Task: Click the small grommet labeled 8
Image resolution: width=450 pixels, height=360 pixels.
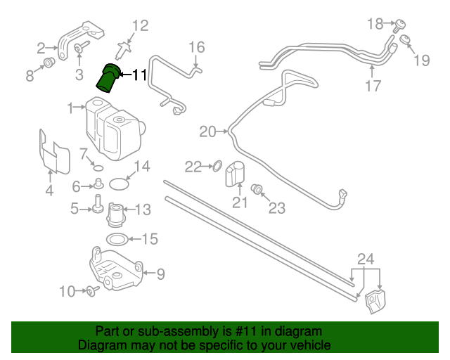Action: coord(49,64)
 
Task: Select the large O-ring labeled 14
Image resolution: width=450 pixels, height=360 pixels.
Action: coord(120,184)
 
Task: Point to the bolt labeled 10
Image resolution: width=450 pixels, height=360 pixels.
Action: coord(91,291)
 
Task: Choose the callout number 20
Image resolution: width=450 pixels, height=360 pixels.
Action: coord(207,131)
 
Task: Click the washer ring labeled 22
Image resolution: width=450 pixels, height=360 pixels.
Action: coord(217,167)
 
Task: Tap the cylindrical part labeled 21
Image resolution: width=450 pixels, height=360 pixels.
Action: coord(235,175)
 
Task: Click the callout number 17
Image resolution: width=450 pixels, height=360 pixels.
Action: coord(373,86)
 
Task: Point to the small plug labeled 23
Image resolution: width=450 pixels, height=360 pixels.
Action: coord(257,188)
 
